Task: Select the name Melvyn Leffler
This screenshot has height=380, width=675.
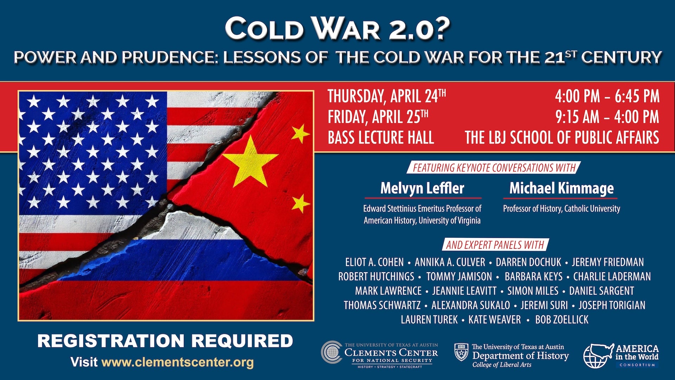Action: tap(422, 188)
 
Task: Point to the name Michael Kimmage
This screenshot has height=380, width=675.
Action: tap(561, 188)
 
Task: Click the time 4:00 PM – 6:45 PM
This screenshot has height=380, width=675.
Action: tap(607, 96)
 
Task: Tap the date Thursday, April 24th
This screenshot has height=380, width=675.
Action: tap(387, 96)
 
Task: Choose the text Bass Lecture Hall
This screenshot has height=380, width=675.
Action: tap(381, 138)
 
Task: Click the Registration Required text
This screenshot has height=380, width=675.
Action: tap(165, 341)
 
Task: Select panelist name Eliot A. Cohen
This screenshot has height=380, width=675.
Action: tap(374, 262)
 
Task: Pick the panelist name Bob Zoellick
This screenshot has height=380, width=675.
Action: tap(561, 319)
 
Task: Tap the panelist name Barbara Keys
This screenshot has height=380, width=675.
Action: tap(533, 277)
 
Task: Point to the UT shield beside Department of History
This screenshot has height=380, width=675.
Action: tap(461, 353)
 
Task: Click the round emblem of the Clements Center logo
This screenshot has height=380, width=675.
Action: tap(331, 352)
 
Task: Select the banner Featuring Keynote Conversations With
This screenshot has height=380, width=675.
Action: tap(494, 168)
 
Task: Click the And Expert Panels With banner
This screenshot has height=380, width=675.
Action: tap(495, 245)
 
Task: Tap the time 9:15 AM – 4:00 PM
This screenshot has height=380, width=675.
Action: tap(607, 117)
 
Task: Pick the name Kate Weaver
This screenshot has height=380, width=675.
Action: tap(495, 319)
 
